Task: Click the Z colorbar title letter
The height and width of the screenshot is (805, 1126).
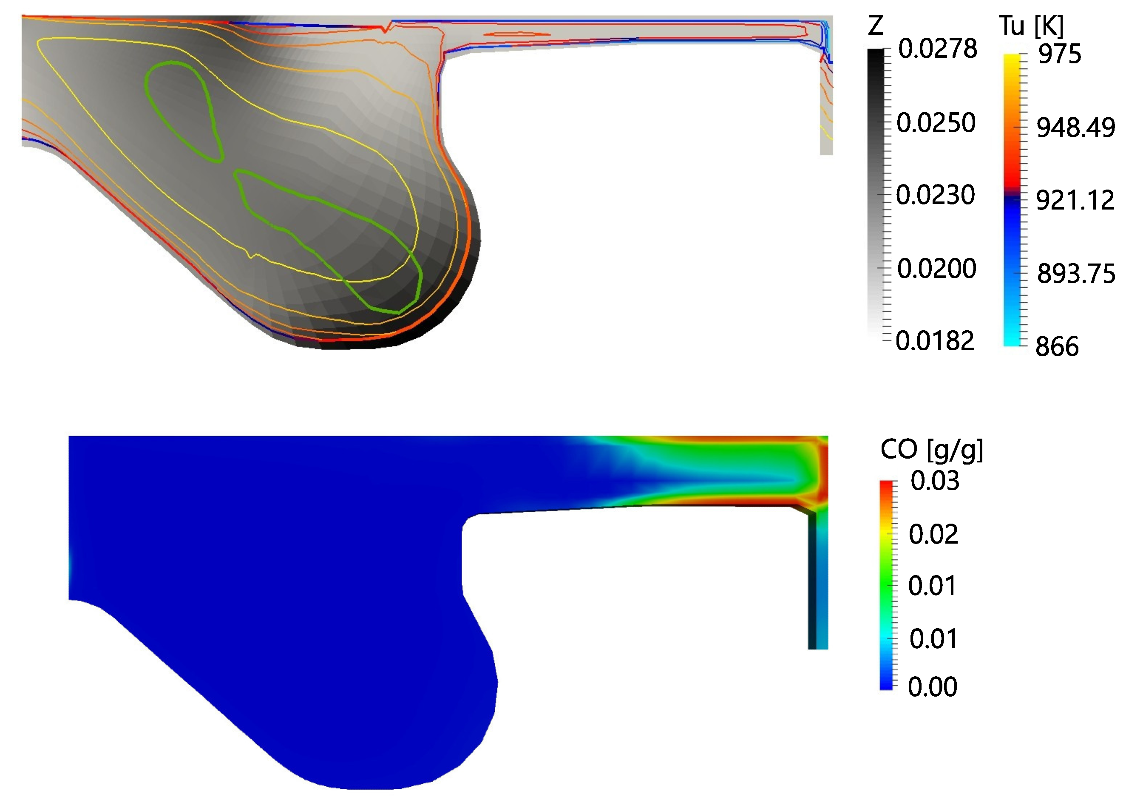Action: click(875, 26)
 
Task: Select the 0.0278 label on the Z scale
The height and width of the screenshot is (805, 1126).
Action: click(937, 48)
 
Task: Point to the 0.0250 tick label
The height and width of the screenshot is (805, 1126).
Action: click(936, 122)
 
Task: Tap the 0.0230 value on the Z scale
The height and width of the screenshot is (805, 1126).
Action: click(936, 195)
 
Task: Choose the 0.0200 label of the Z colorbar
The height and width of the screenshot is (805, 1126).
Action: click(937, 268)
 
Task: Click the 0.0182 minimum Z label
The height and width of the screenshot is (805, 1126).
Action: click(935, 341)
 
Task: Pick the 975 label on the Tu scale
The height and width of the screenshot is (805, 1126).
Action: click(1060, 54)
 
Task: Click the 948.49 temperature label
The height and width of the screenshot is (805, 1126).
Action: click(1076, 128)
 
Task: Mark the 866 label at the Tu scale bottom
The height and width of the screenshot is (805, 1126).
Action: click(1057, 346)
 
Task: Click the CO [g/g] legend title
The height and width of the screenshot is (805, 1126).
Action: click(932, 450)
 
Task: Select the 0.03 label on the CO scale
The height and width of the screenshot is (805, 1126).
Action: click(935, 481)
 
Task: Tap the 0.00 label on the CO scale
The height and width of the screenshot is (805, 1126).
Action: click(933, 686)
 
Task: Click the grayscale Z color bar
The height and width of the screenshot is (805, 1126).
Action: click(876, 193)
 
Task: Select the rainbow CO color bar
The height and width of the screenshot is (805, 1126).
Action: click(886, 585)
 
